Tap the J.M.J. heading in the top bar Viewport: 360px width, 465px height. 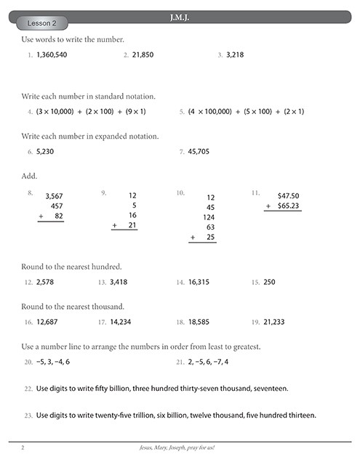[179, 16]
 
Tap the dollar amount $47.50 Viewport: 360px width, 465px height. [288, 195]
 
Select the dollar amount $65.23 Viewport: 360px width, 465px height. [288, 206]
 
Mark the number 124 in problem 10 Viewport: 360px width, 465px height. [209, 217]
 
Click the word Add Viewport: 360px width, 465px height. [29, 176]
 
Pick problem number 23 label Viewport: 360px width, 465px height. [28, 416]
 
